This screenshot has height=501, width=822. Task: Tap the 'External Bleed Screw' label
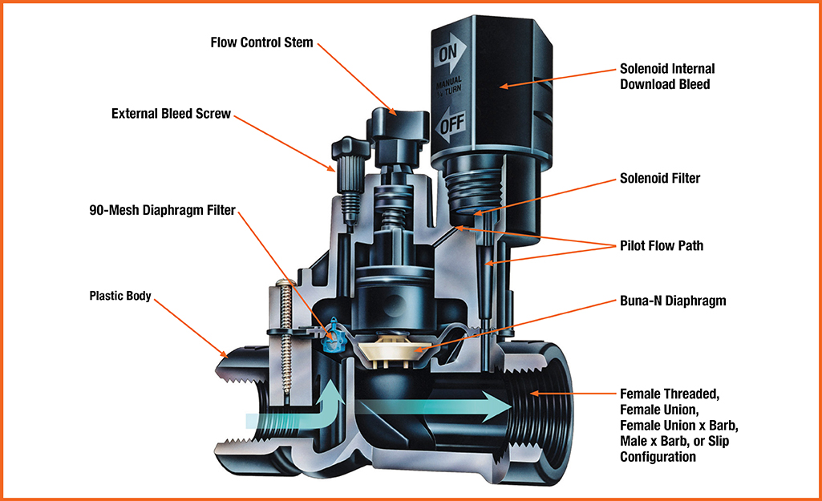click(x=171, y=114)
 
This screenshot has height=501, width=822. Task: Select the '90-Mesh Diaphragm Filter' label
click(x=162, y=211)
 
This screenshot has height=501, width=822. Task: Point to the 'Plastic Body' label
click(x=119, y=294)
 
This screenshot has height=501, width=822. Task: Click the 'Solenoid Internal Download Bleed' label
click(x=666, y=76)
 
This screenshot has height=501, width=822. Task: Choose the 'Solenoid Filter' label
click(x=659, y=178)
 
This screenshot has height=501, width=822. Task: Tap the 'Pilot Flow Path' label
click(x=662, y=245)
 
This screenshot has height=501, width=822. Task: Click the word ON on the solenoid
click(x=449, y=55)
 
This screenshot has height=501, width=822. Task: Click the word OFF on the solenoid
click(x=451, y=125)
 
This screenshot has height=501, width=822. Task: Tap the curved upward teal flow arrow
click(x=321, y=409)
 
